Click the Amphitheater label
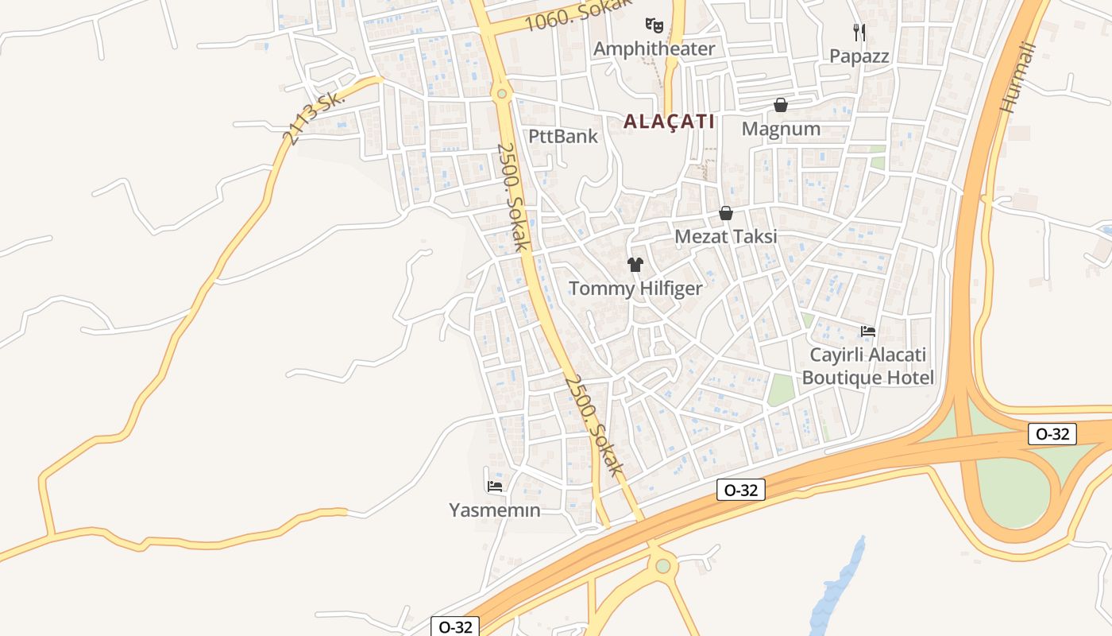pyautogui.click(x=654, y=48)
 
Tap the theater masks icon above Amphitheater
pyautogui.click(x=654, y=25)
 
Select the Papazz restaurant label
pyautogui.click(x=859, y=56)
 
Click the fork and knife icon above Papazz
pyautogui.click(x=859, y=32)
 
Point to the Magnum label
pyautogui.click(x=781, y=129)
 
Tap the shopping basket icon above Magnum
pyautogui.click(x=781, y=105)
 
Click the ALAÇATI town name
pyautogui.click(x=669, y=122)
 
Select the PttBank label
pyautogui.click(x=563, y=136)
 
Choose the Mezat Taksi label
pyautogui.click(x=725, y=237)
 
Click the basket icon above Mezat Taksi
pyautogui.click(x=725, y=213)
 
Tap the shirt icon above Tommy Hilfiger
pyautogui.click(x=635, y=264)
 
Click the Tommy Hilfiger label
pyautogui.click(x=635, y=289)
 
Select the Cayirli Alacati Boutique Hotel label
pyautogui.click(x=867, y=366)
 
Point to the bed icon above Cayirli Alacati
pyautogui.click(x=867, y=332)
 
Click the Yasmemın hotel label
pyautogui.click(x=495, y=510)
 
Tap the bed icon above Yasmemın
pyautogui.click(x=495, y=486)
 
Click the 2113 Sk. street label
pyautogui.click(x=315, y=118)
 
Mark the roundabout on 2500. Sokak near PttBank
pyautogui.click(x=501, y=94)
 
